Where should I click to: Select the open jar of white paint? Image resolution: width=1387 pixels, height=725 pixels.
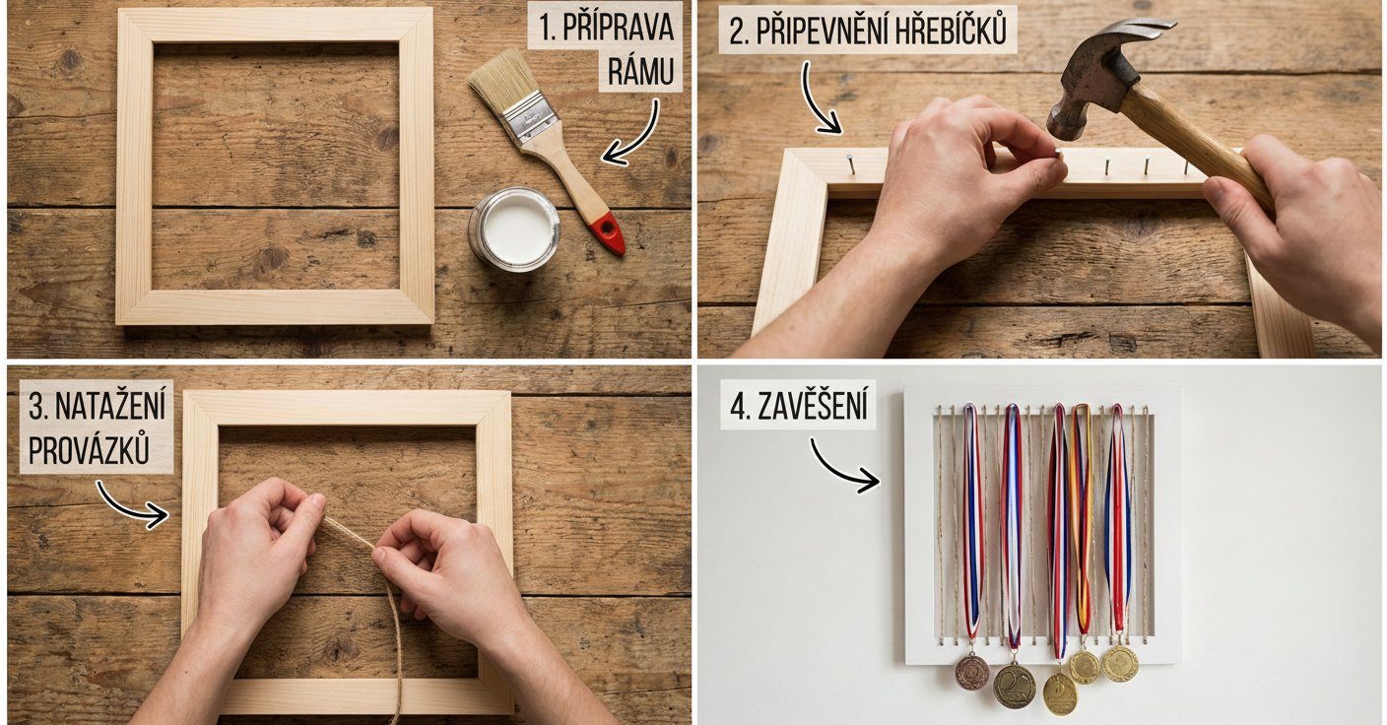click(x=514, y=230)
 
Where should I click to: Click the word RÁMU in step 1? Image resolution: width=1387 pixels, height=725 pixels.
click(x=640, y=71)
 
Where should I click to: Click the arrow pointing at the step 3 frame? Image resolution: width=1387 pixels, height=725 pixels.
click(x=129, y=506)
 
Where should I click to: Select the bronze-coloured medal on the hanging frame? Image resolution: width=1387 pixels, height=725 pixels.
click(x=971, y=672)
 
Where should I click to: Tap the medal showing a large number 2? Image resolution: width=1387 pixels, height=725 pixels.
click(x=1015, y=686)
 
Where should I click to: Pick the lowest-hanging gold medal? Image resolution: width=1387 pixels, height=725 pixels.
click(x=1060, y=694)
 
